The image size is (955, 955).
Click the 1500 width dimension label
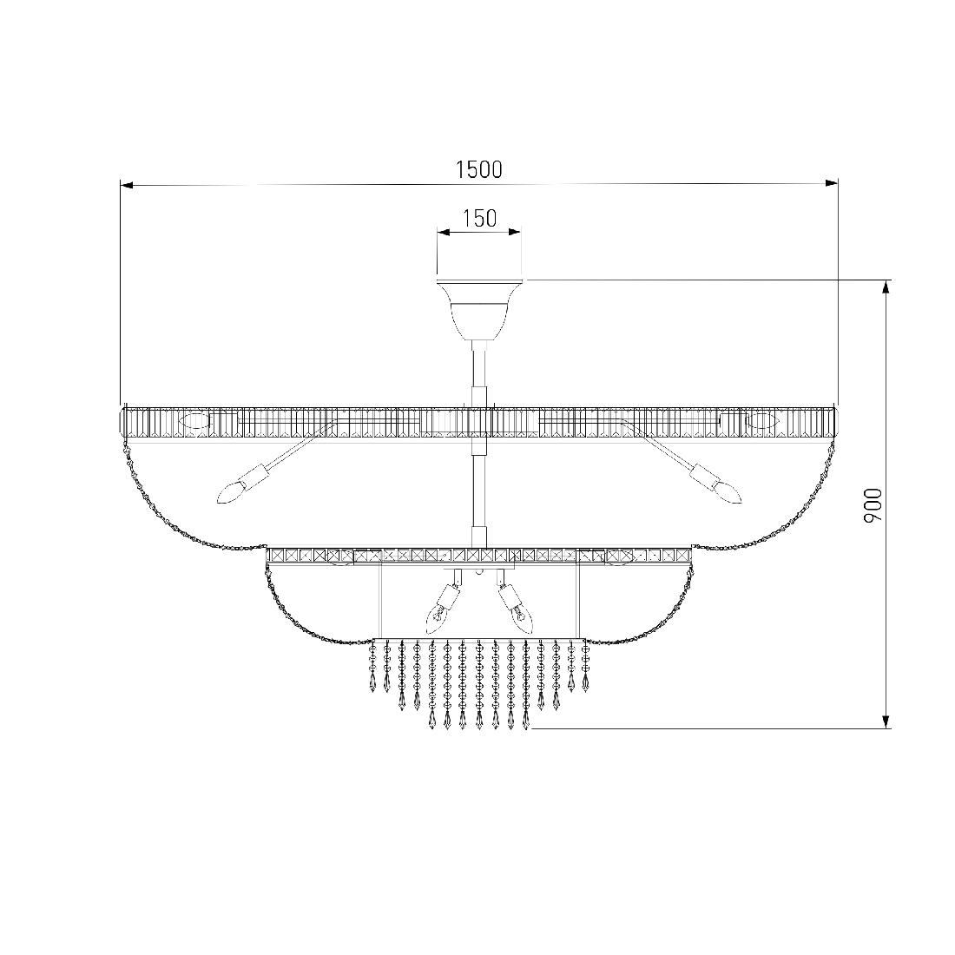tap(479, 169)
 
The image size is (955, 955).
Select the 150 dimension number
tap(480, 218)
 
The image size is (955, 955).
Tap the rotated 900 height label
tap(873, 505)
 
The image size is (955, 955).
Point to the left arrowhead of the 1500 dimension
tap(127, 184)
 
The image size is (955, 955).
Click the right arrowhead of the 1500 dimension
tap(832, 182)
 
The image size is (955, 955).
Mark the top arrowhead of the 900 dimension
tap(886, 286)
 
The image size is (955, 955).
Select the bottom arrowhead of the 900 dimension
tap(886, 721)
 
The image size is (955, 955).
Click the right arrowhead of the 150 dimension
tap(515, 232)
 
